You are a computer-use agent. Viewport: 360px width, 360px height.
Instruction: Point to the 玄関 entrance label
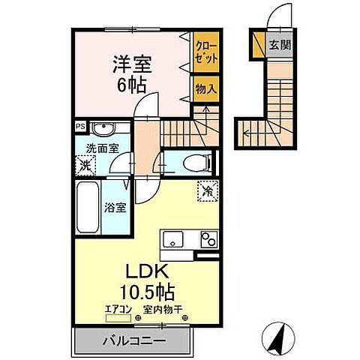tap(280, 44)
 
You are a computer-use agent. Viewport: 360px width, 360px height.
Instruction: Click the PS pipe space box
tap(79, 127)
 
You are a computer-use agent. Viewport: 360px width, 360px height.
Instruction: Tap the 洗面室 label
tap(103, 148)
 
